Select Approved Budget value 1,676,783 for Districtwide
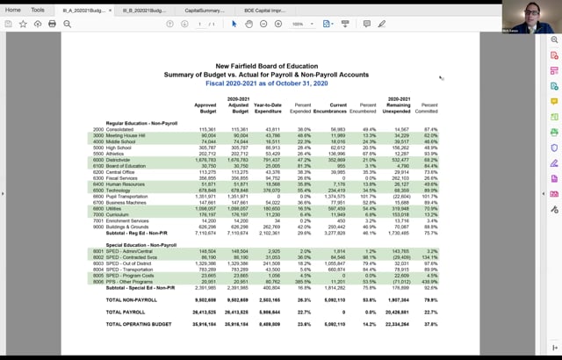205,158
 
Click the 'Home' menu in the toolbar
13,10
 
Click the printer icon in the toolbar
52,24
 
